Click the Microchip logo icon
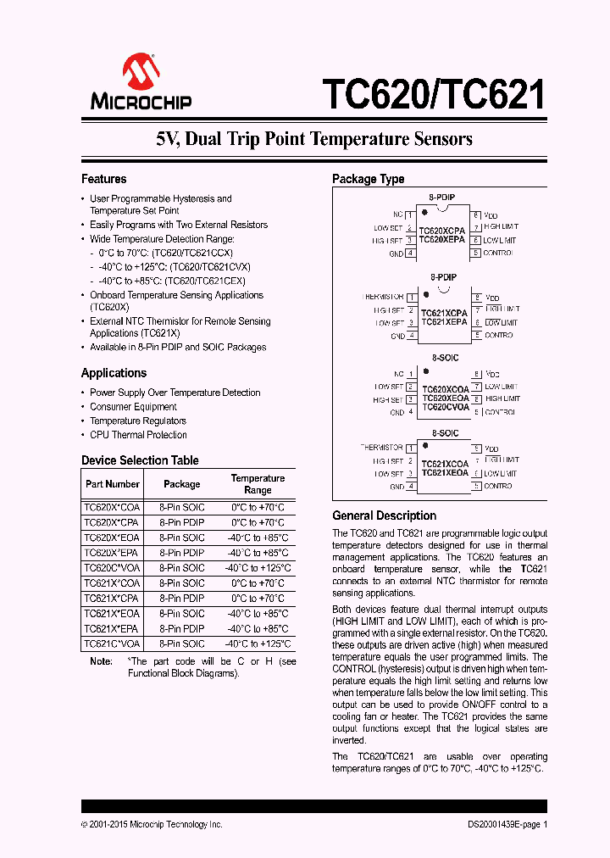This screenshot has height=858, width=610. pos(141,70)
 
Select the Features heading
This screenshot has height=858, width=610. pos(103,179)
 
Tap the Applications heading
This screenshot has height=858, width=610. pos(114,373)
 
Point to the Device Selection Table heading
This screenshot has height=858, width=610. pos(140,460)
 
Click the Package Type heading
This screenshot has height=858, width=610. pos(368,179)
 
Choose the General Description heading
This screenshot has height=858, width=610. pos(384,515)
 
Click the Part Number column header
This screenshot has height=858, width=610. pos(112,484)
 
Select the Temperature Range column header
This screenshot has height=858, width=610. pos(258,484)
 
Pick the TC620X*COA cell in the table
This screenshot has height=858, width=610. pos(112,507)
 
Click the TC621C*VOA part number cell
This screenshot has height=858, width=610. pos(112,643)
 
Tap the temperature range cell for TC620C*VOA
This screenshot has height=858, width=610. pos(258,568)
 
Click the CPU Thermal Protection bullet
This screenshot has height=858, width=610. pos(138,435)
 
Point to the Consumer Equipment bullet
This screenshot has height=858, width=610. pos(133,407)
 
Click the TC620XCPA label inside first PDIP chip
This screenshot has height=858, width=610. pos(442,230)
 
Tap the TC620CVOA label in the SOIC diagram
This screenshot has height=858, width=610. pos(445,407)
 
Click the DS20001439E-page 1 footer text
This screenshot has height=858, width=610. pos(507,824)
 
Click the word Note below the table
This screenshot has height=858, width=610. pos(101,661)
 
